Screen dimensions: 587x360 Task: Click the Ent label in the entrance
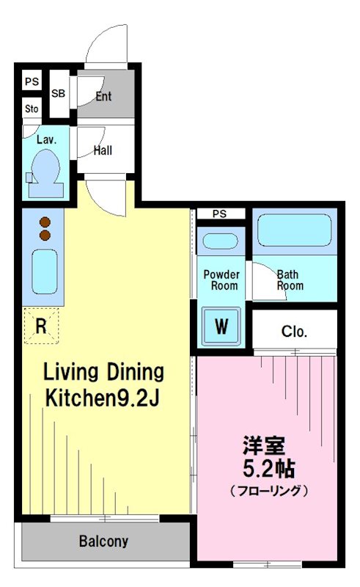tap(103, 96)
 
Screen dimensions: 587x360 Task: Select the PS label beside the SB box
tap(31, 81)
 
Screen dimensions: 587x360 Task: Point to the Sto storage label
tap(31, 109)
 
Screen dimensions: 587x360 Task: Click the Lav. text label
tap(37, 139)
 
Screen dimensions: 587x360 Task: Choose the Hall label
tap(103, 151)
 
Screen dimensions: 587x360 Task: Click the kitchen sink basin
tap(45, 271)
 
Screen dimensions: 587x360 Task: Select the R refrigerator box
tap(41, 324)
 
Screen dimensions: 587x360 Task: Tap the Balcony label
tap(103, 542)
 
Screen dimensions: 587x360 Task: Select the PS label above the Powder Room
tap(219, 214)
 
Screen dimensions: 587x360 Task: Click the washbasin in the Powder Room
tap(219, 241)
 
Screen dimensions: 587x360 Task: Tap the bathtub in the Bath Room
tap(294, 230)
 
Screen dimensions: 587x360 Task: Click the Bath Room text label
tap(290, 280)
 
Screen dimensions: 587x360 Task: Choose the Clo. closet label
tap(294, 332)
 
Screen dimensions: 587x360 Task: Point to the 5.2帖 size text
tap(269, 467)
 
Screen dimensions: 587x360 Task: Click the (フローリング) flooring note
tap(268, 490)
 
